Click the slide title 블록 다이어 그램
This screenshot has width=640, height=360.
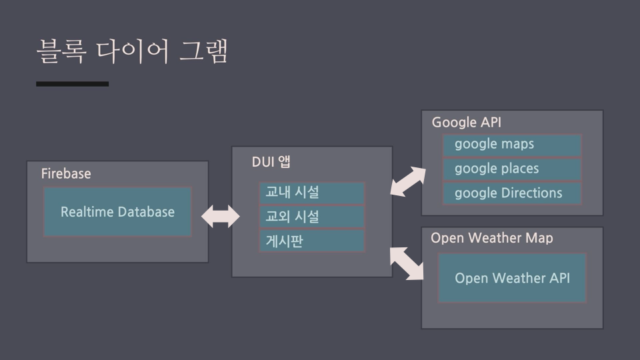(132, 51)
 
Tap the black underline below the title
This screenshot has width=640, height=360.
(72, 84)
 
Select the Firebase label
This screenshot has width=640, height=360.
(66, 173)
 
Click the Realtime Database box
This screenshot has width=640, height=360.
(117, 211)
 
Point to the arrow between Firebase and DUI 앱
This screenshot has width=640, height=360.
(221, 216)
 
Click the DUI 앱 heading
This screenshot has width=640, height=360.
(271, 161)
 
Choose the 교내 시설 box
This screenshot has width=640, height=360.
(312, 193)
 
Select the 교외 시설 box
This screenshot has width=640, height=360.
(312, 217)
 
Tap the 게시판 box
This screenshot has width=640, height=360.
(312, 241)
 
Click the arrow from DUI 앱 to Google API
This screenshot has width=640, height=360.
(408, 181)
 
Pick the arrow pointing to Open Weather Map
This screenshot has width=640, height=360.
(407, 264)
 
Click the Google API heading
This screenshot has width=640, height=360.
(467, 122)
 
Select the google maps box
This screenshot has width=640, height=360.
(512, 145)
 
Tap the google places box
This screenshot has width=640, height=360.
(512, 169)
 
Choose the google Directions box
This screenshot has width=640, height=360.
(512, 193)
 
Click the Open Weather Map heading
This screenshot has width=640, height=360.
(492, 237)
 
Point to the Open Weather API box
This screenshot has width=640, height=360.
(512, 278)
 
